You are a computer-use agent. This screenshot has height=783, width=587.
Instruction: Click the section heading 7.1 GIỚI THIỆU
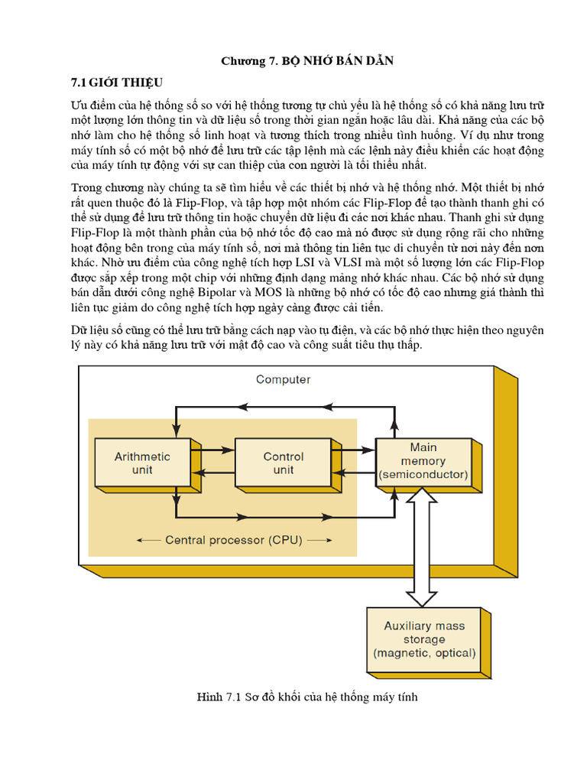tap(117, 82)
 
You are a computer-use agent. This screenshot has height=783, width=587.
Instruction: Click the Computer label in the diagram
tap(283, 379)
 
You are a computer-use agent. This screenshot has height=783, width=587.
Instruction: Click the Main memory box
tap(423, 462)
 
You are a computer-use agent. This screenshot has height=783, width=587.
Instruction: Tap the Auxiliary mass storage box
tap(424, 640)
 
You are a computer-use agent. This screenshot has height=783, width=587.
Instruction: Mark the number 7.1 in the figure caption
tap(233, 697)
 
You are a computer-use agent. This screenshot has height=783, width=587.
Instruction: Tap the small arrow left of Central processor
tap(148, 540)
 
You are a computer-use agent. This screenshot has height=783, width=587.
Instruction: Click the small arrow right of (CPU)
tap(322, 540)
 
